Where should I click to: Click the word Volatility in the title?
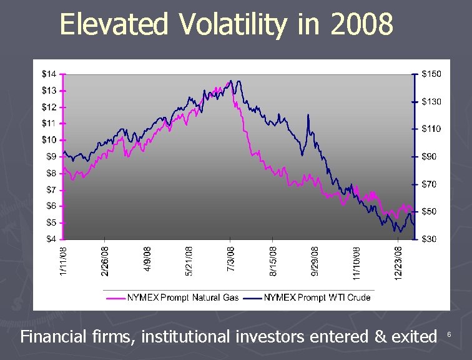tap(234, 25)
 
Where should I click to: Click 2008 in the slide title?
tap(361, 24)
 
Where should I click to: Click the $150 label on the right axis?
tap(431, 74)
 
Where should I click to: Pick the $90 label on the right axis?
tap(429, 157)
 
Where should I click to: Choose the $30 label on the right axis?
tap(429, 239)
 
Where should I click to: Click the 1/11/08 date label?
tap(63, 261)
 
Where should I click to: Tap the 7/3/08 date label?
tap(230, 259)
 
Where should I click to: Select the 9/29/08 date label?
tap(315, 261)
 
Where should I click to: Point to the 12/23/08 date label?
tap(398, 263)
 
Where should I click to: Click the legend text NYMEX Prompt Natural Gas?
tap(183, 297)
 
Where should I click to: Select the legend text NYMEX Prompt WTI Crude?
tap(317, 297)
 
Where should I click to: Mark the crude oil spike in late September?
tap(308, 116)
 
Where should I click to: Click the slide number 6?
tap(449, 334)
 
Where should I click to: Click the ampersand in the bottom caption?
tap(380, 336)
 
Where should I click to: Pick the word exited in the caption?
tap(414, 336)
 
